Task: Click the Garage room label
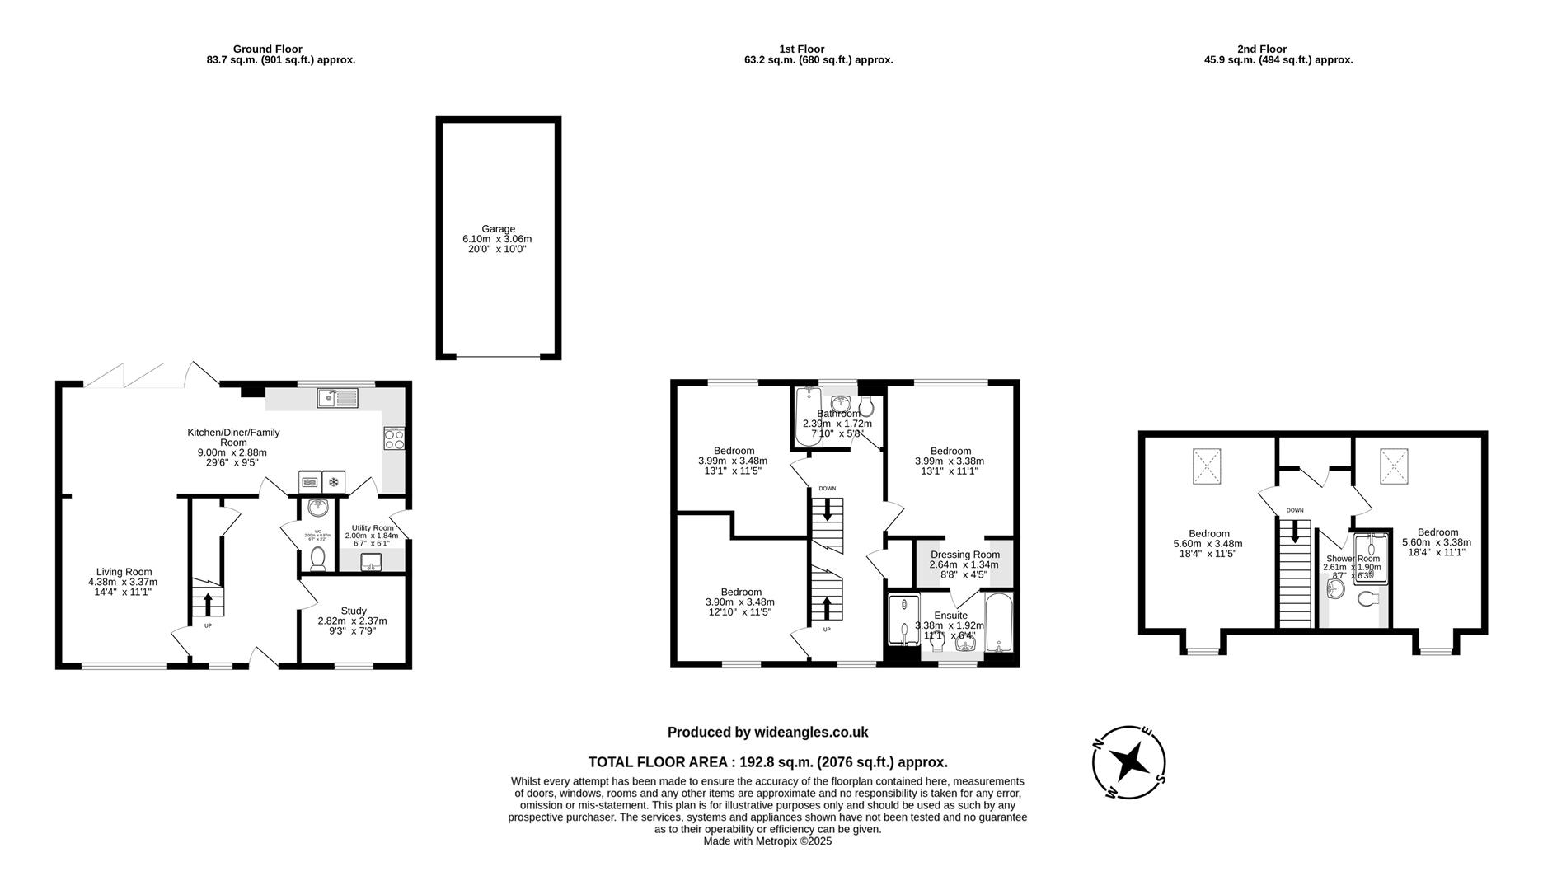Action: tap(498, 229)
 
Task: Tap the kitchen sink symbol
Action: tap(337, 399)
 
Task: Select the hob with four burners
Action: tap(394, 438)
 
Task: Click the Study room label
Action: tap(354, 611)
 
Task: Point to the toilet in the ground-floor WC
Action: tap(317, 560)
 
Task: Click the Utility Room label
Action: tap(373, 527)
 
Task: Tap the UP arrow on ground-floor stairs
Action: tap(208, 603)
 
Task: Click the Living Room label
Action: tap(124, 572)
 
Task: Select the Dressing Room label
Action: tap(964, 555)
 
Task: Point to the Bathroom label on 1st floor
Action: tap(837, 414)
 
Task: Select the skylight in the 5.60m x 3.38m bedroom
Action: tap(1395, 466)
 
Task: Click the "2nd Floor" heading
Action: tap(1261, 49)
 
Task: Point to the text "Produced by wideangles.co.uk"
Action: tap(767, 732)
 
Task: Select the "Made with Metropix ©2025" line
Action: tap(767, 841)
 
